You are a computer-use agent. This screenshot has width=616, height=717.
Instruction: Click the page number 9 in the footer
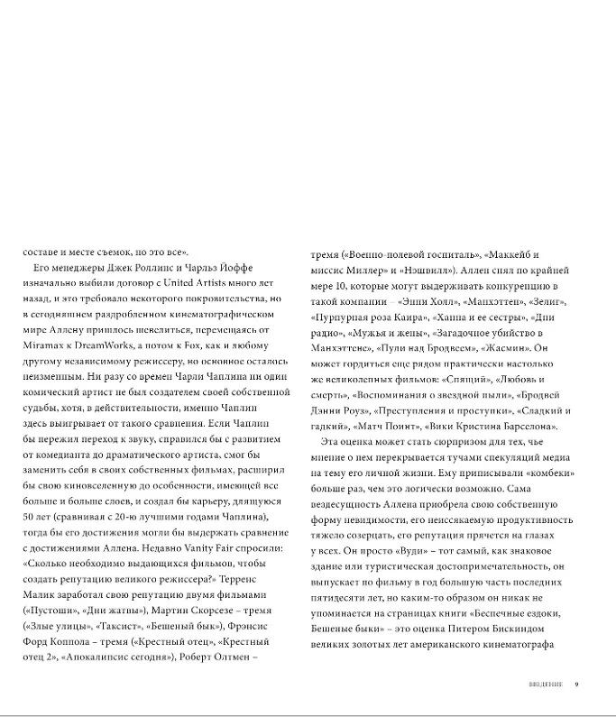(576, 684)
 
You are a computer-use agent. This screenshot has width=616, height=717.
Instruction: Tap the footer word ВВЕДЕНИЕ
(546, 684)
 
